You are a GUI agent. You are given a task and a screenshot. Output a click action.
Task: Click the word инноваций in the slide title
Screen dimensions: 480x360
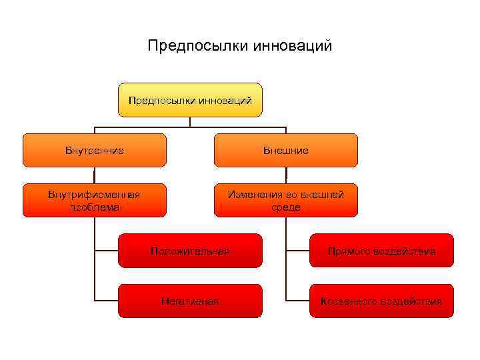[x=293, y=46]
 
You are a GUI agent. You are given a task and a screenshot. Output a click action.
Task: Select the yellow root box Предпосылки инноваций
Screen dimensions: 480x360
[x=190, y=100]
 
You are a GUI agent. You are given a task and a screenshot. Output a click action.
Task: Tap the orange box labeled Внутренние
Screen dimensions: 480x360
[x=95, y=150]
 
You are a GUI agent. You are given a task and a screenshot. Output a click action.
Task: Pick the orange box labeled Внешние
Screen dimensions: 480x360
[x=286, y=150]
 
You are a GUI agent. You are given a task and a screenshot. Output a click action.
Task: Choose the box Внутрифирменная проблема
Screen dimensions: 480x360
[x=95, y=200]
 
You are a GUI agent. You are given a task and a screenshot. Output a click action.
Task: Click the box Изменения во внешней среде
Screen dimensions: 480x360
[x=286, y=200]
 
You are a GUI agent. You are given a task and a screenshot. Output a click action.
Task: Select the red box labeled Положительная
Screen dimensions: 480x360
[x=190, y=251]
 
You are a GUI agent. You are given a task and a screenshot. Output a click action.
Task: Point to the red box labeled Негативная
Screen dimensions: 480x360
[x=190, y=301]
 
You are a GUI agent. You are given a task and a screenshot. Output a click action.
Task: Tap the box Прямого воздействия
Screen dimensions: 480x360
[x=381, y=251]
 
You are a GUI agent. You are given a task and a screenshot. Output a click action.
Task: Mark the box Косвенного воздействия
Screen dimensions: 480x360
[x=381, y=301]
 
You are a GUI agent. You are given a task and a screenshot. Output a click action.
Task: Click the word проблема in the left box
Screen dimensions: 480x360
[x=95, y=207]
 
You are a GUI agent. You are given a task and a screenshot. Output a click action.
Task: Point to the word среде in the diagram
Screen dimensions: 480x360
[x=286, y=207]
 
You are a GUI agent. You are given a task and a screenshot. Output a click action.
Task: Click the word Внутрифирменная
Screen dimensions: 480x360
[x=95, y=195]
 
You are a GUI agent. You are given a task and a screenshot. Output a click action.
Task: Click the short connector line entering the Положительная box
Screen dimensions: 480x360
[x=107, y=251]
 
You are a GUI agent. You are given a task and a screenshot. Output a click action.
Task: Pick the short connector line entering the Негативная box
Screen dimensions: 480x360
[x=107, y=301]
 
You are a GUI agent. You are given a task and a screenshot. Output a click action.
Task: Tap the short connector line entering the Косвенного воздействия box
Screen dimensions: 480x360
[x=298, y=301]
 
